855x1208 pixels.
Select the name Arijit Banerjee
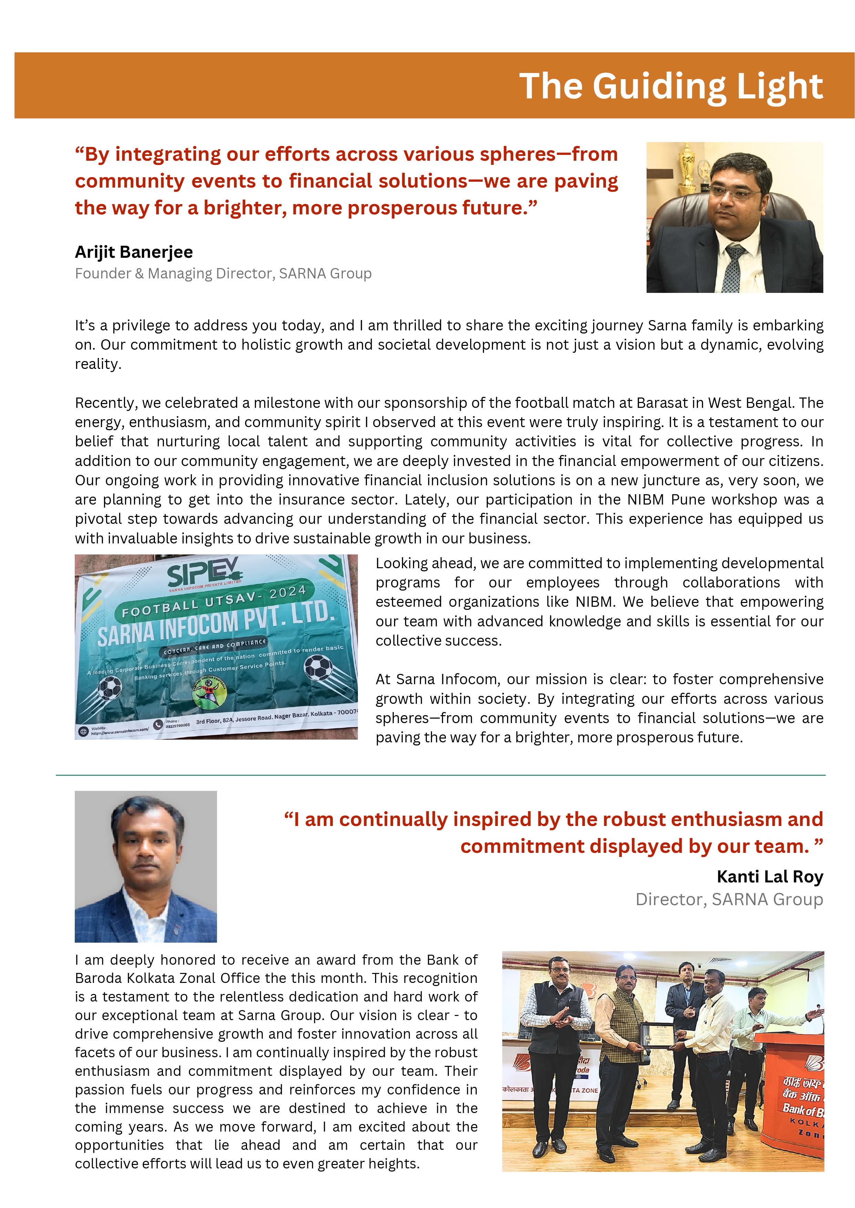(x=134, y=252)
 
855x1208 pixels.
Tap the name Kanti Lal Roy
(x=769, y=877)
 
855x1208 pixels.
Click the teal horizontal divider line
(x=440, y=775)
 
